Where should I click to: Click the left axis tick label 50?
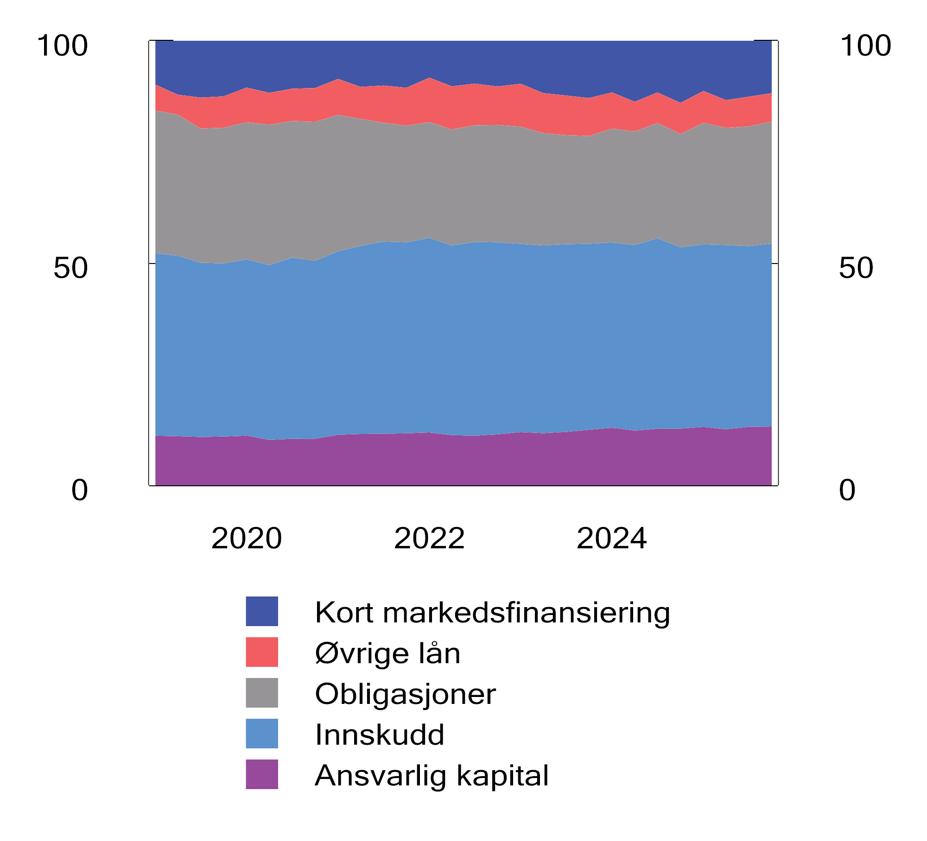point(70,268)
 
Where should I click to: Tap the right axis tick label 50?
point(856,268)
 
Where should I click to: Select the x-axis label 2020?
point(246,539)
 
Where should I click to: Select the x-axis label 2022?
point(429,539)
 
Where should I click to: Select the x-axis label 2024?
point(611,539)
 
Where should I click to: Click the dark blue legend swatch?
point(262,611)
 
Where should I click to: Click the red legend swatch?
point(262,652)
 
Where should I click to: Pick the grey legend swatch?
point(262,693)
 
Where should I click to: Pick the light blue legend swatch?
point(262,734)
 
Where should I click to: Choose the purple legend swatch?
point(262,774)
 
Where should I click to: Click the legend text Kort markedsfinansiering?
point(492,613)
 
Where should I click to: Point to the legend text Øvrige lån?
point(387,653)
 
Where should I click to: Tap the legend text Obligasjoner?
point(405,694)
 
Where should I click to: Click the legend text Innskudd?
point(380,734)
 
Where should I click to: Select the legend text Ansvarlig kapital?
point(432,776)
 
